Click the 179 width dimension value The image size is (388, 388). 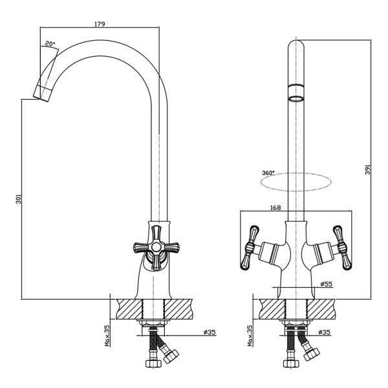pos(100,24)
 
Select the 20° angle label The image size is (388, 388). pos(50,44)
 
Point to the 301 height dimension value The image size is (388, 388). pos(19,199)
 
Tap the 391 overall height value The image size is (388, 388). pos(368,169)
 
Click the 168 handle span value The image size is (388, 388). pos(275,208)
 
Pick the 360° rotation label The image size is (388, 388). pos(268,173)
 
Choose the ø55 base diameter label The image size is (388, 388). pos(326,284)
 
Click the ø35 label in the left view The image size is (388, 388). pos(210,332)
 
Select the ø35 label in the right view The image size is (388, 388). pos(324,332)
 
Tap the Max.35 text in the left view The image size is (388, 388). pos(107,336)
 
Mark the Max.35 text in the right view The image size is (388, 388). pos(250,336)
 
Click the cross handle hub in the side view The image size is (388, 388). pos(156,247)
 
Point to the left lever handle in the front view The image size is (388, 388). pos(250,247)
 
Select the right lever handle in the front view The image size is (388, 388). pos(343,247)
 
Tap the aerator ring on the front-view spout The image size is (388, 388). pos(296,92)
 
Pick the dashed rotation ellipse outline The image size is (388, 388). pos(296,191)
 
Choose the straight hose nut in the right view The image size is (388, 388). pos(291,363)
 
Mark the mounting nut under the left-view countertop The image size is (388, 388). pos(153,323)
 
